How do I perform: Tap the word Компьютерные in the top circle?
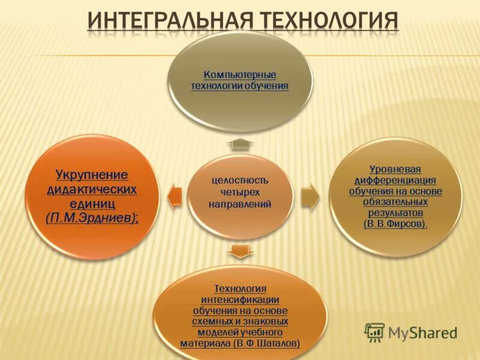coord(240,76)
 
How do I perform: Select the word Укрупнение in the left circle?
coord(92,175)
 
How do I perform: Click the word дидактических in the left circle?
coord(92,190)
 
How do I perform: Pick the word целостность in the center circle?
coord(240,180)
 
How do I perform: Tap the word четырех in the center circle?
coord(240,192)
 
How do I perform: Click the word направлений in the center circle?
coord(240,205)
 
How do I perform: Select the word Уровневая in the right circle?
coord(395,169)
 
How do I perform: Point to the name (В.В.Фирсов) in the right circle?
coord(395,224)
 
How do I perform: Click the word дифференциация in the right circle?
coord(395,180)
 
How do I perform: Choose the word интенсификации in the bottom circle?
coord(240,300)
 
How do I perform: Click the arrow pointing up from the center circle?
coord(240,145)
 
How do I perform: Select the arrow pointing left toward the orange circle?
coord(173,196)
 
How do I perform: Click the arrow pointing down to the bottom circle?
coord(240,251)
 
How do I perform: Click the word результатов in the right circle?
coord(395,213)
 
